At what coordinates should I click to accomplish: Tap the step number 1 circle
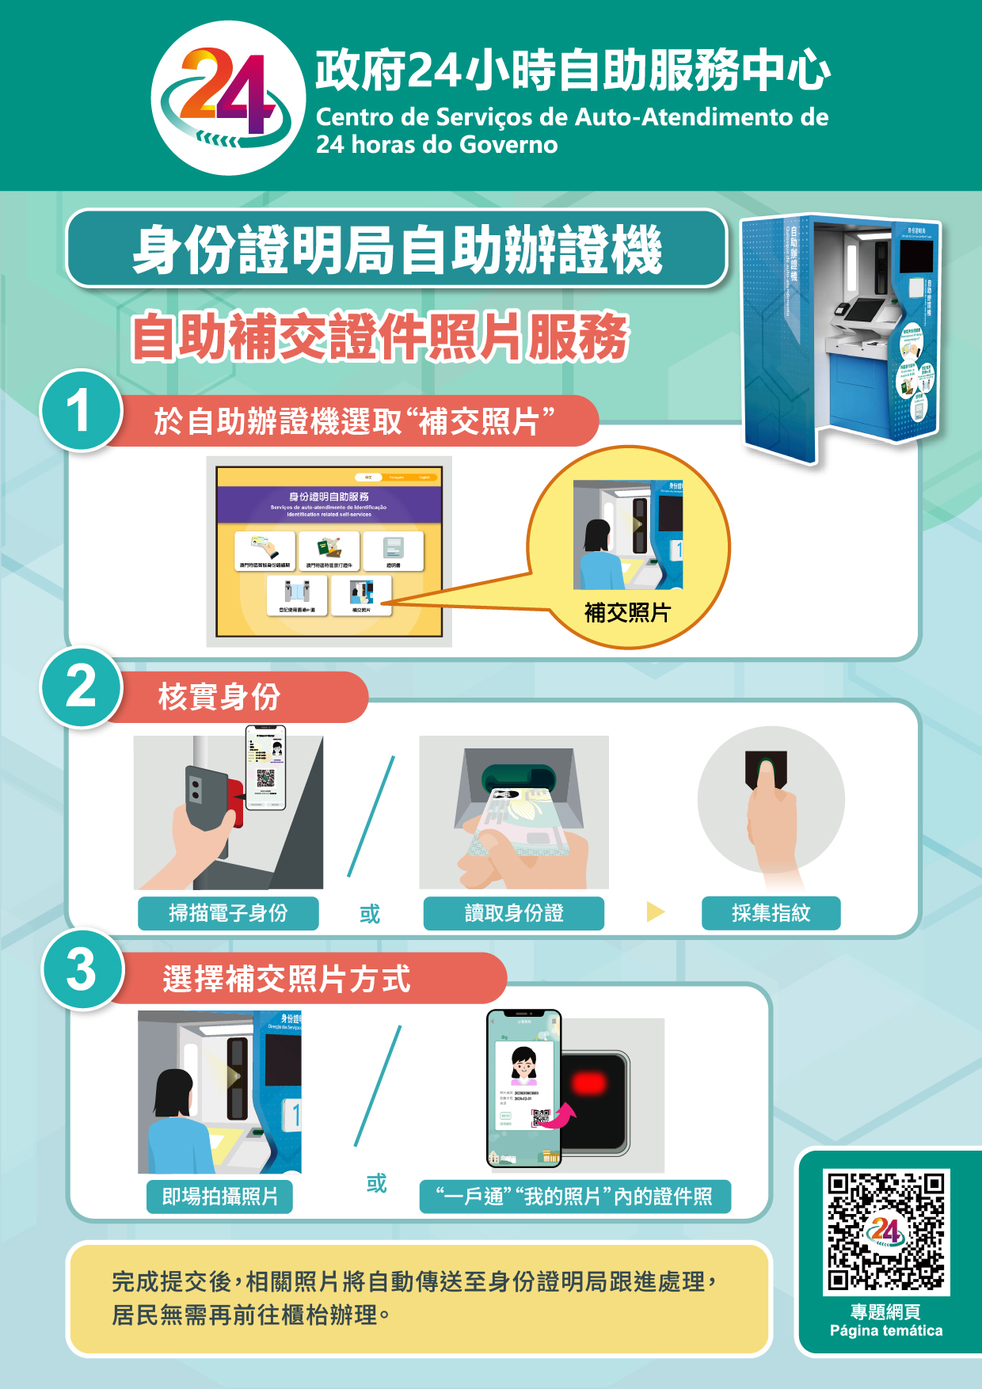click(x=80, y=411)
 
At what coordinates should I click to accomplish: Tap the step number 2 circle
click(x=81, y=687)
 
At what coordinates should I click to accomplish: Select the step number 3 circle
click(x=82, y=969)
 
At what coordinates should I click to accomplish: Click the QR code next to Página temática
click(x=885, y=1231)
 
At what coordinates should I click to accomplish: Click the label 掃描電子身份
click(x=228, y=913)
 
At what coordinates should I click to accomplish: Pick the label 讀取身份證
click(x=513, y=913)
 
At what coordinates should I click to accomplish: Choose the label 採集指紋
click(x=771, y=913)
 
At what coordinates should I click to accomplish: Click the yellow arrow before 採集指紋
click(x=655, y=911)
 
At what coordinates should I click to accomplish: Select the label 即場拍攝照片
click(x=219, y=1197)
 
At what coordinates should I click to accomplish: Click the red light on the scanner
click(x=589, y=1083)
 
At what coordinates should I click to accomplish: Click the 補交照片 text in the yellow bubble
click(x=627, y=612)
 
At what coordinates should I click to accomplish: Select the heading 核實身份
click(x=219, y=697)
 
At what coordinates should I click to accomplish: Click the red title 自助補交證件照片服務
click(x=379, y=336)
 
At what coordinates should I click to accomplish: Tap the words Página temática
click(x=885, y=1330)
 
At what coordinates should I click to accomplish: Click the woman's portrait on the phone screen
click(x=523, y=1064)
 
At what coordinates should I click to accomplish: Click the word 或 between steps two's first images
click(x=370, y=914)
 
